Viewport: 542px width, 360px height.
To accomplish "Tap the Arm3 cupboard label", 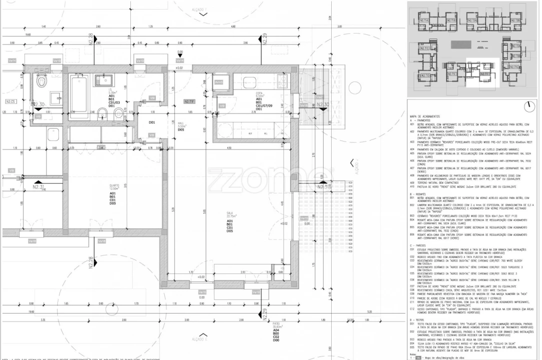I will [x=218, y=82].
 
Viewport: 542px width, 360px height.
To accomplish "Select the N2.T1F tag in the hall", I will [x=189, y=101].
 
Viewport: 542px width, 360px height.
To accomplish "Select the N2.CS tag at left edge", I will [x=11, y=101].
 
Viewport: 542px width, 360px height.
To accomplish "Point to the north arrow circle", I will [x=528, y=106].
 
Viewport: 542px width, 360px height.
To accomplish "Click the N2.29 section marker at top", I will [x=264, y=37].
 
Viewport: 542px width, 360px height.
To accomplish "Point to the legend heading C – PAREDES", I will [x=417, y=245].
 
